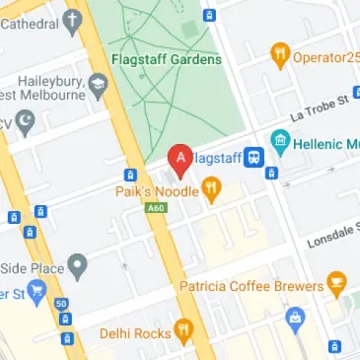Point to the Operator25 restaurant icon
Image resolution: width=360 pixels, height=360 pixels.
pyautogui.click(x=280, y=55)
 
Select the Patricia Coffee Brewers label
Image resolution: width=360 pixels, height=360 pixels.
pyautogui.click(x=252, y=286)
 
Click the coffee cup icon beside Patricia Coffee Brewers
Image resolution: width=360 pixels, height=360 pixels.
pyautogui.click(x=337, y=286)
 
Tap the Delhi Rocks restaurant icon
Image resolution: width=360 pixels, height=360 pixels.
pyautogui.click(x=183, y=333)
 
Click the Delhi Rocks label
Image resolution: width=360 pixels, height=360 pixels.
pyautogui.click(x=136, y=333)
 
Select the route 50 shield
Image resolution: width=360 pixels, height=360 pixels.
pyautogui.click(x=61, y=304)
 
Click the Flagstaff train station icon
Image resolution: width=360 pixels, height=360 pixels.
pyautogui.click(x=254, y=157)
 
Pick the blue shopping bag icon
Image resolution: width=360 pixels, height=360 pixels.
pyautogui.click(x=293, y=318)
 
